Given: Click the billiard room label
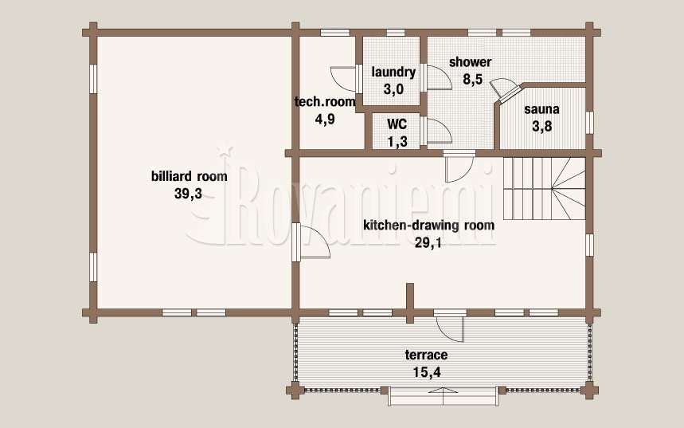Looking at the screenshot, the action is (x=189, y=176).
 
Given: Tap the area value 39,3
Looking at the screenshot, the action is (x=188, y=194).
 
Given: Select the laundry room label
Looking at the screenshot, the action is (x=393, y=72).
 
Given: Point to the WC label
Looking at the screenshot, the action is (x=397, y=124).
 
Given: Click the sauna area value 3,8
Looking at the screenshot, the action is (x=541, y=126).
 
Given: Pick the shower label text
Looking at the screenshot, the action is (x=471, y=62).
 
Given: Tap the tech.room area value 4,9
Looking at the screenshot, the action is (x=325, y=119).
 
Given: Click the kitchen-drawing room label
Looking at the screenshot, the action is (x=429, y=226).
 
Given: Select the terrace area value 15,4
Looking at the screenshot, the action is (x=426, y=372).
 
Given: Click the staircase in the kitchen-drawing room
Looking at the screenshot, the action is (x=544, y=188).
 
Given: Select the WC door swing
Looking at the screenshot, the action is (x=436, y=130).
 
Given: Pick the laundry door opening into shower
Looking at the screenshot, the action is (x=436, y=78).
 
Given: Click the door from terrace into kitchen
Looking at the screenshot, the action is (x=450, y=326).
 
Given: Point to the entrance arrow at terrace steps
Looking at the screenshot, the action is (x=443, y=390).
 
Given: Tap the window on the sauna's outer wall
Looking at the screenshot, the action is (x=589, y=122).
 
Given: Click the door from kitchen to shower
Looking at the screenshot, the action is (x=459, y=166).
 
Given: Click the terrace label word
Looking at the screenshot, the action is (x=426, y=355).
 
